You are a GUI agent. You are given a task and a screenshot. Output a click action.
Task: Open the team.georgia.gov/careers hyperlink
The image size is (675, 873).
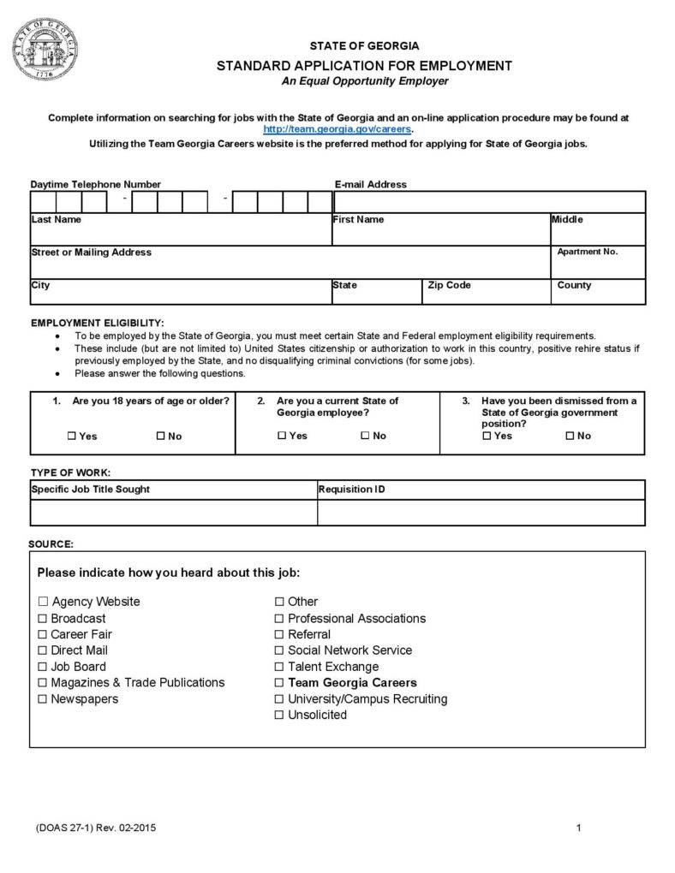337,128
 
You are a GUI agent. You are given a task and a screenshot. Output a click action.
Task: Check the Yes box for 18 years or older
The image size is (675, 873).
72,436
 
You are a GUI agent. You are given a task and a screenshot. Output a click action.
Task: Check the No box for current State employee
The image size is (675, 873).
365,436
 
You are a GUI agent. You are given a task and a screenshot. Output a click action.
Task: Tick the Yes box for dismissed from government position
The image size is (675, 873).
487,436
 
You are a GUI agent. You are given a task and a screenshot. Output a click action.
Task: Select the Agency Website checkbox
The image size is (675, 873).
43,602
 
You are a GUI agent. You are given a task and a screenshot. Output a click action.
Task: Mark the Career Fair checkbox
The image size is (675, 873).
43,634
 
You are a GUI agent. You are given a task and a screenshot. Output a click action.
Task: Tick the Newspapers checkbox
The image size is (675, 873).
43,699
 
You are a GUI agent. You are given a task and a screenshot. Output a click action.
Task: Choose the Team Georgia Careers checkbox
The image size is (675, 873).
279,683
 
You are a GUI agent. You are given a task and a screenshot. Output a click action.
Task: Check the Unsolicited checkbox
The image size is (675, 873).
279,716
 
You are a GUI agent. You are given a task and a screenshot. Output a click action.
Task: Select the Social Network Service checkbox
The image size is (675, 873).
279,650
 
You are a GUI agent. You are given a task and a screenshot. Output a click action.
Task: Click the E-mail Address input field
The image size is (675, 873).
489,202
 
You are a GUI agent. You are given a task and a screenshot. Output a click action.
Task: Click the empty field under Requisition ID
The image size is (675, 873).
481,512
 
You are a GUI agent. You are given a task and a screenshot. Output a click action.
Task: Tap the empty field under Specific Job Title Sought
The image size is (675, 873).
173,512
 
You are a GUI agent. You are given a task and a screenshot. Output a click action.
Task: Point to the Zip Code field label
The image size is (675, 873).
449,285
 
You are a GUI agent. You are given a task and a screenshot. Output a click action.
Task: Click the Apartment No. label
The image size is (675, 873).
588,252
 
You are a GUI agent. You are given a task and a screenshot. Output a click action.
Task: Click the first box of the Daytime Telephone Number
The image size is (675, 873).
43,202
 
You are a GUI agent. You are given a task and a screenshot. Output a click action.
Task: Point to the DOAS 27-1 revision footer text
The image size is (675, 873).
96,828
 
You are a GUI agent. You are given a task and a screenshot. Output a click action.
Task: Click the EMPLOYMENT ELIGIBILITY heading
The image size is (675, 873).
98,323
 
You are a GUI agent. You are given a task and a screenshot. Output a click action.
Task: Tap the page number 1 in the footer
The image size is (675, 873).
579,828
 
